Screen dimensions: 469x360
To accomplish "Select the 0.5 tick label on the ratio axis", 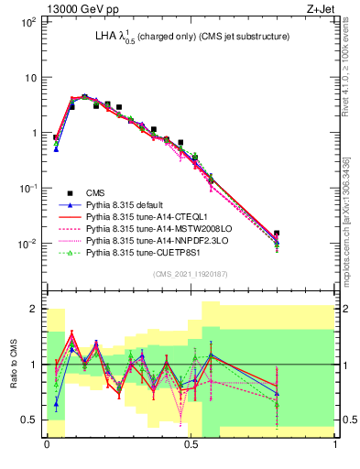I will click(29, 420).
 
